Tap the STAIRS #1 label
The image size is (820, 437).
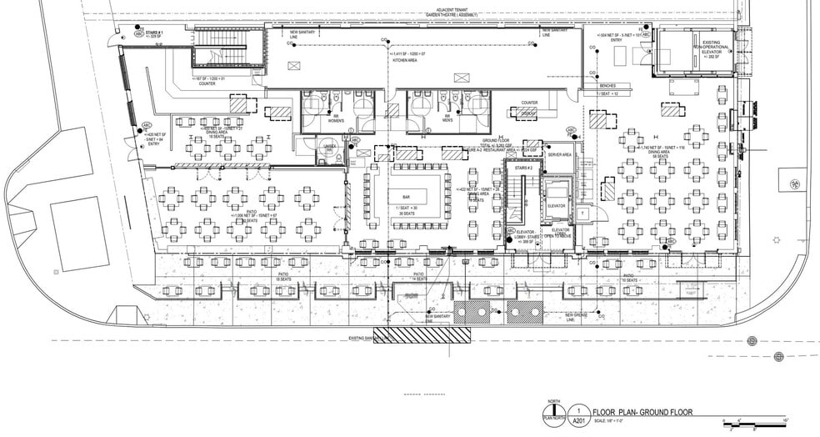point(152,33)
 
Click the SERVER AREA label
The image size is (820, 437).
point(559,155)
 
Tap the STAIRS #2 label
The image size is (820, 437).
point(523,168)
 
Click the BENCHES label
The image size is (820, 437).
point(602,87)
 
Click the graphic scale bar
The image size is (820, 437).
point(755,424)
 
